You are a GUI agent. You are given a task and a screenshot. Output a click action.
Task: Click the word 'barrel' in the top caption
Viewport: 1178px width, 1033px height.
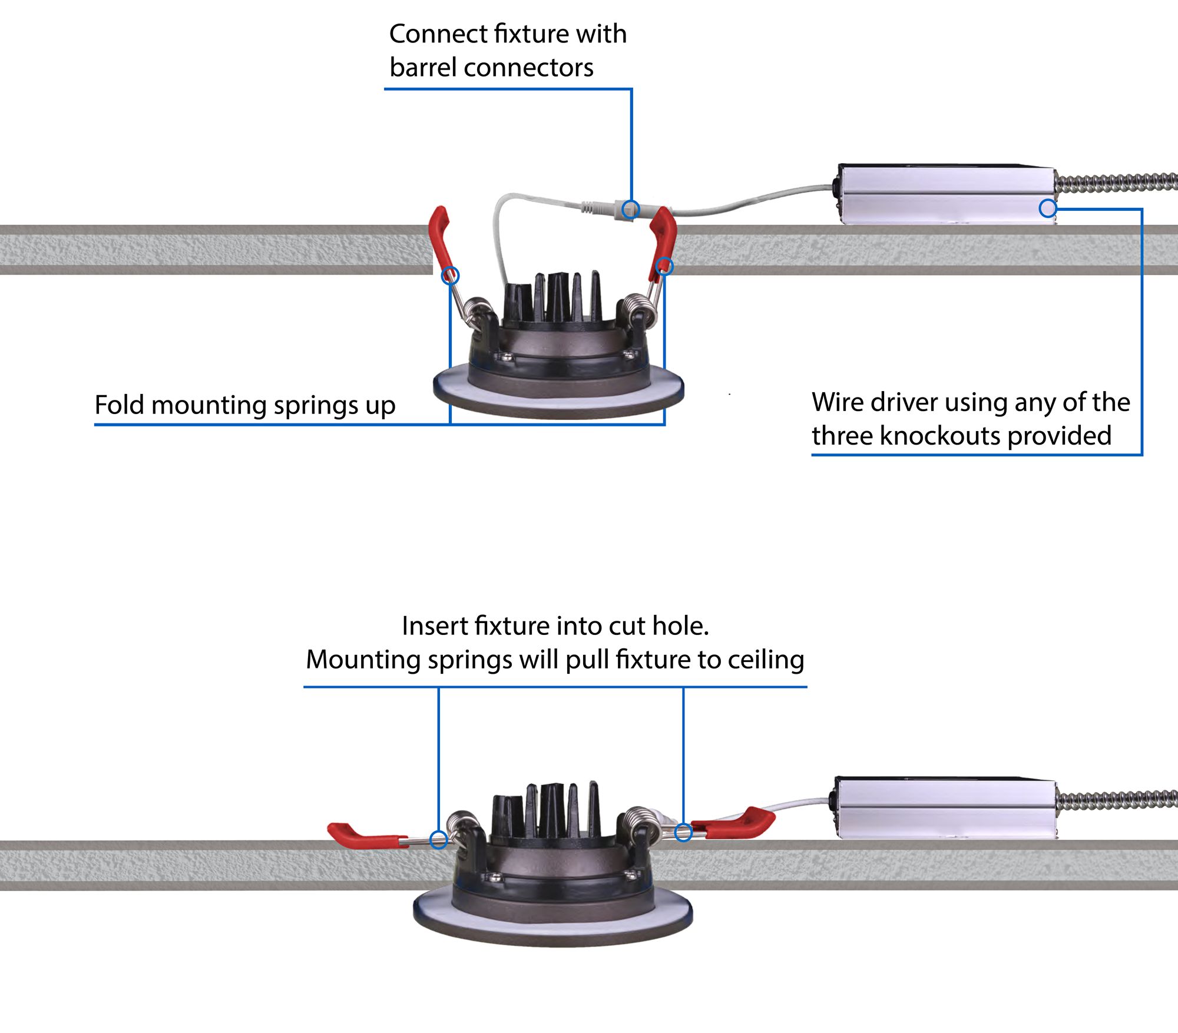coord(423,68)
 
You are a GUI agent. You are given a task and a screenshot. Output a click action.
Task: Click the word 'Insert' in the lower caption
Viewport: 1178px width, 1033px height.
coord(434,626)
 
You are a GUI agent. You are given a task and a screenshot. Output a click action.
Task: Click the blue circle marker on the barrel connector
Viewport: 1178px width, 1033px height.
coord(631,209)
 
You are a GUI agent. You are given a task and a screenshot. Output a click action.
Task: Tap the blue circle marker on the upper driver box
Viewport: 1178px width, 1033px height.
coord(1048,208)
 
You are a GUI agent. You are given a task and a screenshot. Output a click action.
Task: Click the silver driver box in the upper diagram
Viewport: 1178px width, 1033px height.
coord(945,194)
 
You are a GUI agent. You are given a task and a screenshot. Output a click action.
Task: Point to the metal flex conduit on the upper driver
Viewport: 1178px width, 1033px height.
coord(1116,183)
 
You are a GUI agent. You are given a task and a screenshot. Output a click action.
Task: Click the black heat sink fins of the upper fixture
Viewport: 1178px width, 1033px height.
coord(557,297)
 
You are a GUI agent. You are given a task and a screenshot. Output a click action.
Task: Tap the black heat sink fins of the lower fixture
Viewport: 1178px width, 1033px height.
coord(548,810)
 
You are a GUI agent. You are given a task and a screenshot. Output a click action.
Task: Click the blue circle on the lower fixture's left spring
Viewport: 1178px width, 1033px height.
coord(438,840)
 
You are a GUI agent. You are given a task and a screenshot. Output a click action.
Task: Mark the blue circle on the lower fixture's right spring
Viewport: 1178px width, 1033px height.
coord(683,832)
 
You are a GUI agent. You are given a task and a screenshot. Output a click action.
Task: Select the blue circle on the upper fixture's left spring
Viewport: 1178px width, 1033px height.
coord(451,275)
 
